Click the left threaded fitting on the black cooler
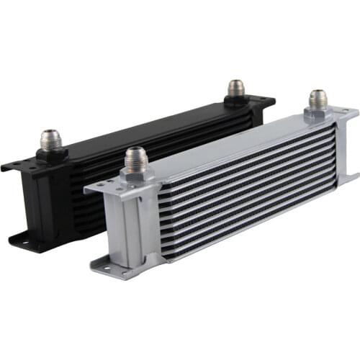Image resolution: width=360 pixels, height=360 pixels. [x=50, y=138]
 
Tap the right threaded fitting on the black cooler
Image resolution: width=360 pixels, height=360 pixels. [x=236, y=89]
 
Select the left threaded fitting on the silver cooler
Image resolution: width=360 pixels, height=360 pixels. [x=135, y=156]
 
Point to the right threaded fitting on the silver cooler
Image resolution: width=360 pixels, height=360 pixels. [x=318, y=99]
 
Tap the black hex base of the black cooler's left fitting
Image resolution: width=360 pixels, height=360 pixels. [x=51, y=153]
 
